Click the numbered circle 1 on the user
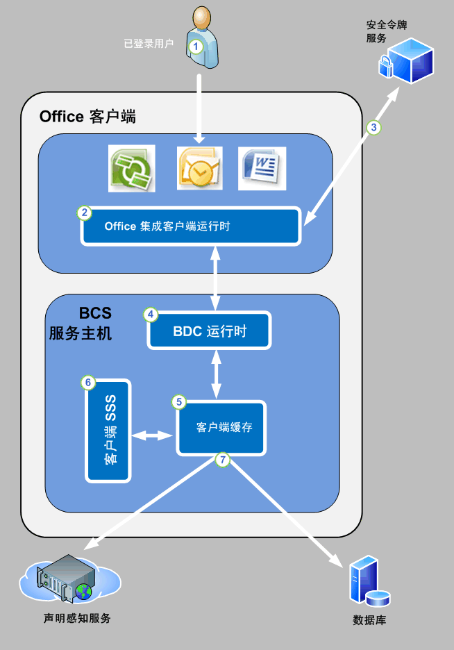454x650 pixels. [x=196, y=46]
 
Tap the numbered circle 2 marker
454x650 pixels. [x=84, y=213]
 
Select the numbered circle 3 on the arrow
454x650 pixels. [x=373, y=127]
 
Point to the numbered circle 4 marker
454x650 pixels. [x=151, y=315]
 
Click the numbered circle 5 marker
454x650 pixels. [x=179, y=401]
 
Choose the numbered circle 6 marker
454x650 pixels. [x=87, y=383]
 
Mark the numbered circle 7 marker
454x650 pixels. [x=222, y=459]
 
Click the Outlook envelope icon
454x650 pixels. [x=199, y=169]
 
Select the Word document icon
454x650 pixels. [x=262, y=168]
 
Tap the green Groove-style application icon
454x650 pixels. [x=132, y=169]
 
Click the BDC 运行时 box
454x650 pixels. [x=209, y=331]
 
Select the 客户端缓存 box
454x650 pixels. [x=221, y=428]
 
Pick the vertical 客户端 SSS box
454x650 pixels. [x=108, y=431]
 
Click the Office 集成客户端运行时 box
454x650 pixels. [x=191, y=226]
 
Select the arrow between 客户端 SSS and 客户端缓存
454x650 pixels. [x=153, y=435]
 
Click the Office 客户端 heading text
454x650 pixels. [x=87, y=116]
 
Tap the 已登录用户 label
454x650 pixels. [x=148, y=43]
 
